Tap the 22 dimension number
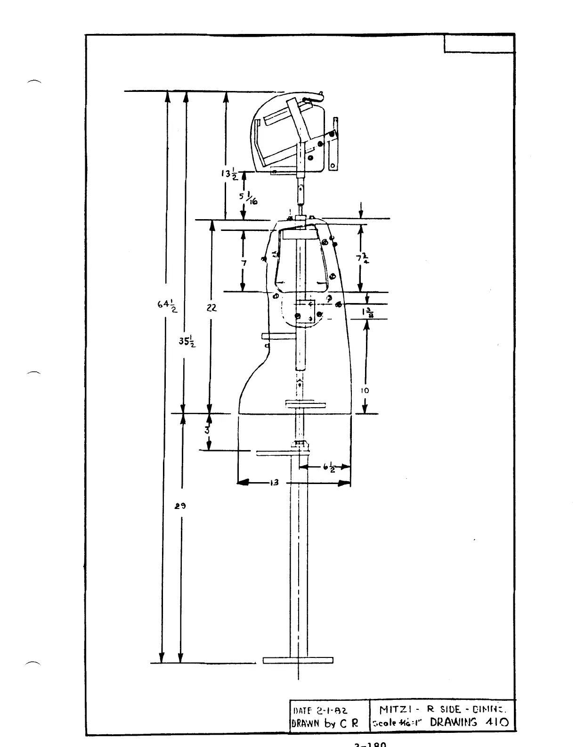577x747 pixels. tap(211, 307)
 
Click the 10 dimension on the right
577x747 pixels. tap(365, 390)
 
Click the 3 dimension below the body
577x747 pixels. tap(207, 429)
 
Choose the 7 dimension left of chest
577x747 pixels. tap(243, 263)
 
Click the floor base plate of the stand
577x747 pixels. tap(298, 660)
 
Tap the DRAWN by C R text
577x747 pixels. tap(325, 722)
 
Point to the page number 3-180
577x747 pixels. tap(370, 744)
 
